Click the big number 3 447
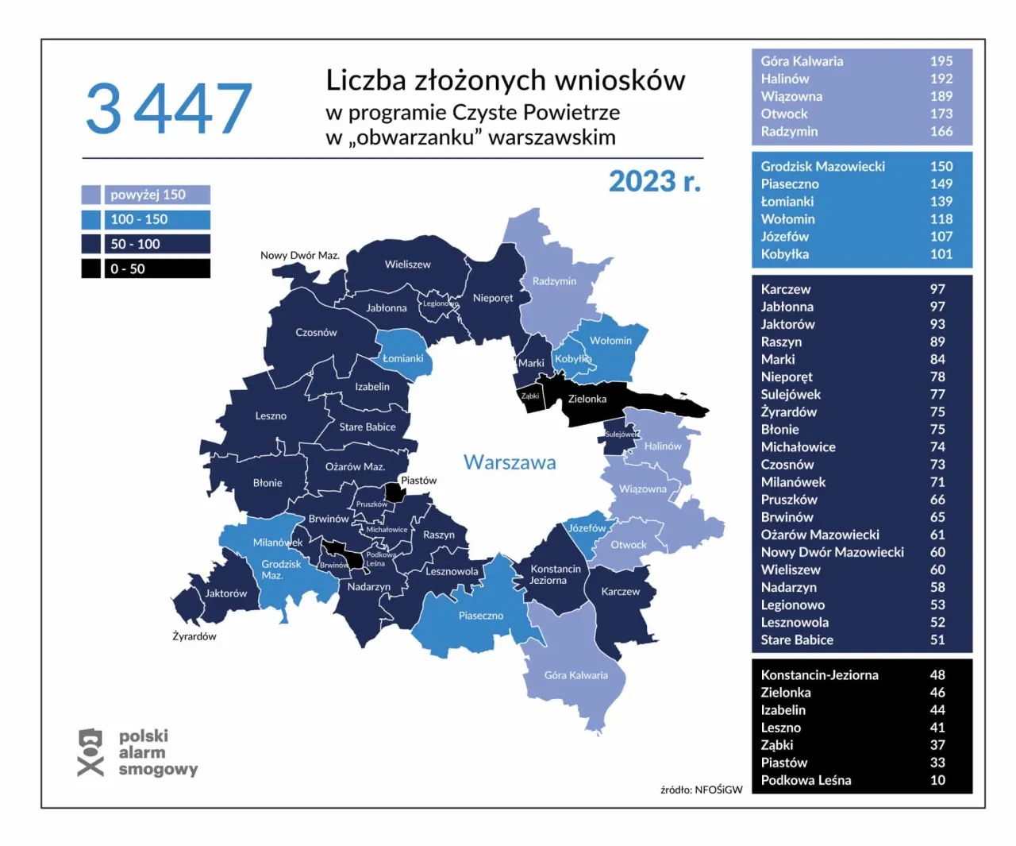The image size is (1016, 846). click(168, 109)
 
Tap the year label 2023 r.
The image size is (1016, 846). click(654, 182)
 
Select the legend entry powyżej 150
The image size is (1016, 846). click(148, 195)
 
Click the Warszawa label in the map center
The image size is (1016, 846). click(510, 462)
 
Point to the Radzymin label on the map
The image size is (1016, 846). click(554, 281)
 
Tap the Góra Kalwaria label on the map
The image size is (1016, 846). click(575, 675)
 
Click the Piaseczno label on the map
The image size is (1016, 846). click(480, 616)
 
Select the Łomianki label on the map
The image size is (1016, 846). click(402, 358)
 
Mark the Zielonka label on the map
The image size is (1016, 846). click(587, 399)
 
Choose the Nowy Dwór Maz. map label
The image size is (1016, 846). click(299, 255)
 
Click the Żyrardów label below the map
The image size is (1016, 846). click(194, 636)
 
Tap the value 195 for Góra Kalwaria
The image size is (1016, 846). click(941, 61)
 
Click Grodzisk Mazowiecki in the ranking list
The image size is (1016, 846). click(822, 166)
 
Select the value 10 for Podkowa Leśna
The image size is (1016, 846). click(937, 780)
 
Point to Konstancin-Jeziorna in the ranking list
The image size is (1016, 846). click(819, 674)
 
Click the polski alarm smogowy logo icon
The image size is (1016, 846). click(90, 752)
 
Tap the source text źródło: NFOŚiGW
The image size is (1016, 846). click(701, 790)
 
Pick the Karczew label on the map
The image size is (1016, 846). click(620, 592)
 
